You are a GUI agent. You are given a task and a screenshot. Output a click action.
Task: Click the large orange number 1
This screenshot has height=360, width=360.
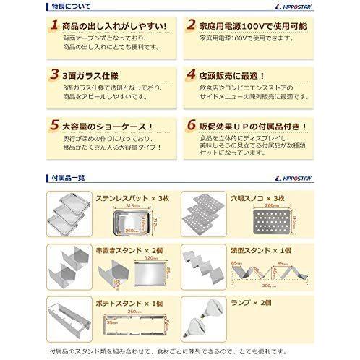pos(51,27)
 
